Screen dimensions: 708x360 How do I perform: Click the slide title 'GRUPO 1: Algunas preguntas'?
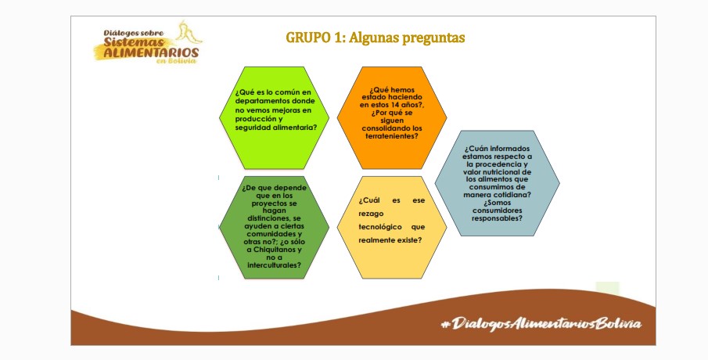point(376,38)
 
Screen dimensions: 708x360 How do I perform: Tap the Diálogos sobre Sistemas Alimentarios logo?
point(148,43)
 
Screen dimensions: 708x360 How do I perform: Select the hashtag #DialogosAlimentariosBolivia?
point(541,324)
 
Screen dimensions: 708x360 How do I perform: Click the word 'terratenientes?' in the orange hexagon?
point(391,136)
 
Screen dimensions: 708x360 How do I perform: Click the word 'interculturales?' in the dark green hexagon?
point(274,265)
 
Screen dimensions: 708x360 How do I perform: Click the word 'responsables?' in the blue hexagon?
point(497,218)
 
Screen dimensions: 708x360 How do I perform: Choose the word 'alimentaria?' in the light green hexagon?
point(294,128)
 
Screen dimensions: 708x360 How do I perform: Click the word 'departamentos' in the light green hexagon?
point(262,101)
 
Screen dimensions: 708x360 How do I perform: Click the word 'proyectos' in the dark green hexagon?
point(274,203)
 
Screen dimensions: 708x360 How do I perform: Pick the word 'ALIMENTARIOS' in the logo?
point(151,52)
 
